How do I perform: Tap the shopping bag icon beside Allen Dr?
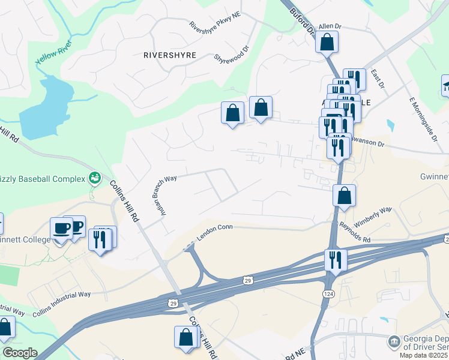[x=327, y=42]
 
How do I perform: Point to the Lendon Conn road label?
[x=215, y=227]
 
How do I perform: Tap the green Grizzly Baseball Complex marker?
[x=94, y=178]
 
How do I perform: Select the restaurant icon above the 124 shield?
[x=334, y=260]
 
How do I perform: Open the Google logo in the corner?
[x=20, y=353]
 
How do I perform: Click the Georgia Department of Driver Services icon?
[x=394, y=341]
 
